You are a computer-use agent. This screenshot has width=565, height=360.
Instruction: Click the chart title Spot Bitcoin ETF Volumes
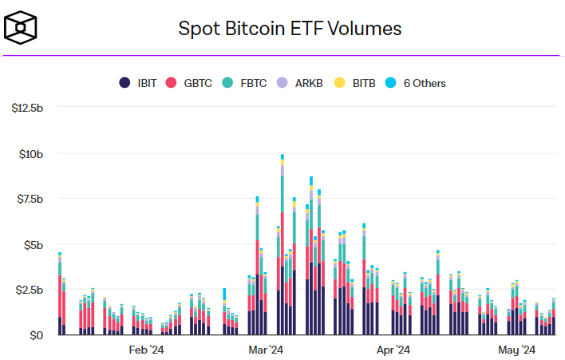[290, 29]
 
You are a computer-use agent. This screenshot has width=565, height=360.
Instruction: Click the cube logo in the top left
[21, 28]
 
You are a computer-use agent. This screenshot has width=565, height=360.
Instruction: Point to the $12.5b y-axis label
[26, 108]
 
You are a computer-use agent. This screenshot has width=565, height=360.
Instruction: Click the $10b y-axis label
[30, 153]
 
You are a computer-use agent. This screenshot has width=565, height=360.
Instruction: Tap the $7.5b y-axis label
[28, 199]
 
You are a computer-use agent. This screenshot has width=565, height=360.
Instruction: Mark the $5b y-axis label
[33, 244]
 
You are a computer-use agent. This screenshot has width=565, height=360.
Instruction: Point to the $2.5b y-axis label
[28, 290]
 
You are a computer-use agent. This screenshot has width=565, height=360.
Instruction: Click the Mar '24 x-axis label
[266, 350]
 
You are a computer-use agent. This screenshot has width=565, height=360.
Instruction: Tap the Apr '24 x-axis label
[393, 350]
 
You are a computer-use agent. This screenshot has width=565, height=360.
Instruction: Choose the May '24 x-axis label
[517, 350]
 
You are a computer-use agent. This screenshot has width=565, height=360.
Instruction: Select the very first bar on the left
[60, 295]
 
